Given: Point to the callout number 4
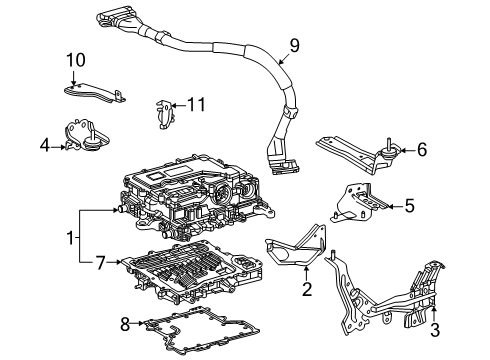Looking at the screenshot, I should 44,146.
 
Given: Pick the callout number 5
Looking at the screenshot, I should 409,206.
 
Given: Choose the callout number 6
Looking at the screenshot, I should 421,150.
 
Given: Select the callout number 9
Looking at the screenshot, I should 293,44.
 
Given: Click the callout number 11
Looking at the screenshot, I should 196,103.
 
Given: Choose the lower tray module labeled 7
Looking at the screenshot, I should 190,275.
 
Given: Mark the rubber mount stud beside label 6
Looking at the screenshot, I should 387,152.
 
